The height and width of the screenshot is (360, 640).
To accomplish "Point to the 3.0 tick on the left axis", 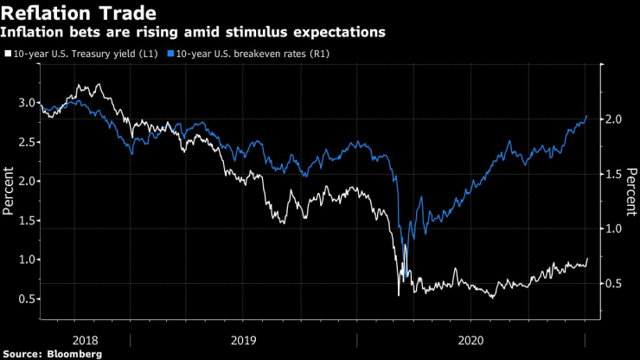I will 27,103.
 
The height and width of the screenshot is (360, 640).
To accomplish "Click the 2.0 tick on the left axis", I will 27,181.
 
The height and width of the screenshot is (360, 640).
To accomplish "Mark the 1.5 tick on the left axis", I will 27,221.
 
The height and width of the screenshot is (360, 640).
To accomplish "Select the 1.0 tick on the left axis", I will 27,260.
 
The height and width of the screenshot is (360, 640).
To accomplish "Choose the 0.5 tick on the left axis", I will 27,299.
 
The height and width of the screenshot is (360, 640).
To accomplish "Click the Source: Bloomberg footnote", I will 52,353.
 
